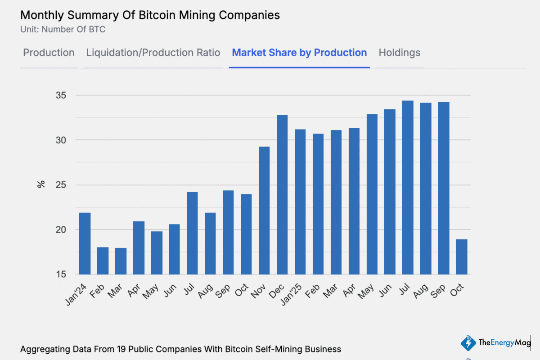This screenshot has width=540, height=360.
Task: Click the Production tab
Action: click(49, 53)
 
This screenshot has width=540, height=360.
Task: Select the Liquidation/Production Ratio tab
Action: click(153, 53)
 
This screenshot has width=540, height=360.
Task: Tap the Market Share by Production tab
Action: click(299, 53)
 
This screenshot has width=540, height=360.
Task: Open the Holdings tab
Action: click(399, 53)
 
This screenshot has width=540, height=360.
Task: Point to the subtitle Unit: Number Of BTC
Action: click(63, 30)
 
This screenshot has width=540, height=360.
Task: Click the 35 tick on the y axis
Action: click(61, 95)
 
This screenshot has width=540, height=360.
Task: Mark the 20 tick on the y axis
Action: click(61, 230)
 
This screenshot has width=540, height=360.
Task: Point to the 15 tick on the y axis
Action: click(61, 274)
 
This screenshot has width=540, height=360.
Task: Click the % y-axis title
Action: click(41, 184)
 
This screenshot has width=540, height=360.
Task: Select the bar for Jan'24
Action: click(85, 243)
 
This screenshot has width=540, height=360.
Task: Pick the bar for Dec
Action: click(282, 194)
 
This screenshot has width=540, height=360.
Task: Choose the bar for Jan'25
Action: click(300, 202)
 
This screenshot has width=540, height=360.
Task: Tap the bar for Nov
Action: click(264, 210)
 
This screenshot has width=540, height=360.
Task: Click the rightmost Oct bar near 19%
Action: click(461, 256)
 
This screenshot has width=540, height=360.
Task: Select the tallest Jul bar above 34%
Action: click(408, 187)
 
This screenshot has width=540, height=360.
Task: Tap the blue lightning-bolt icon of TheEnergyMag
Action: click(468, 343)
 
